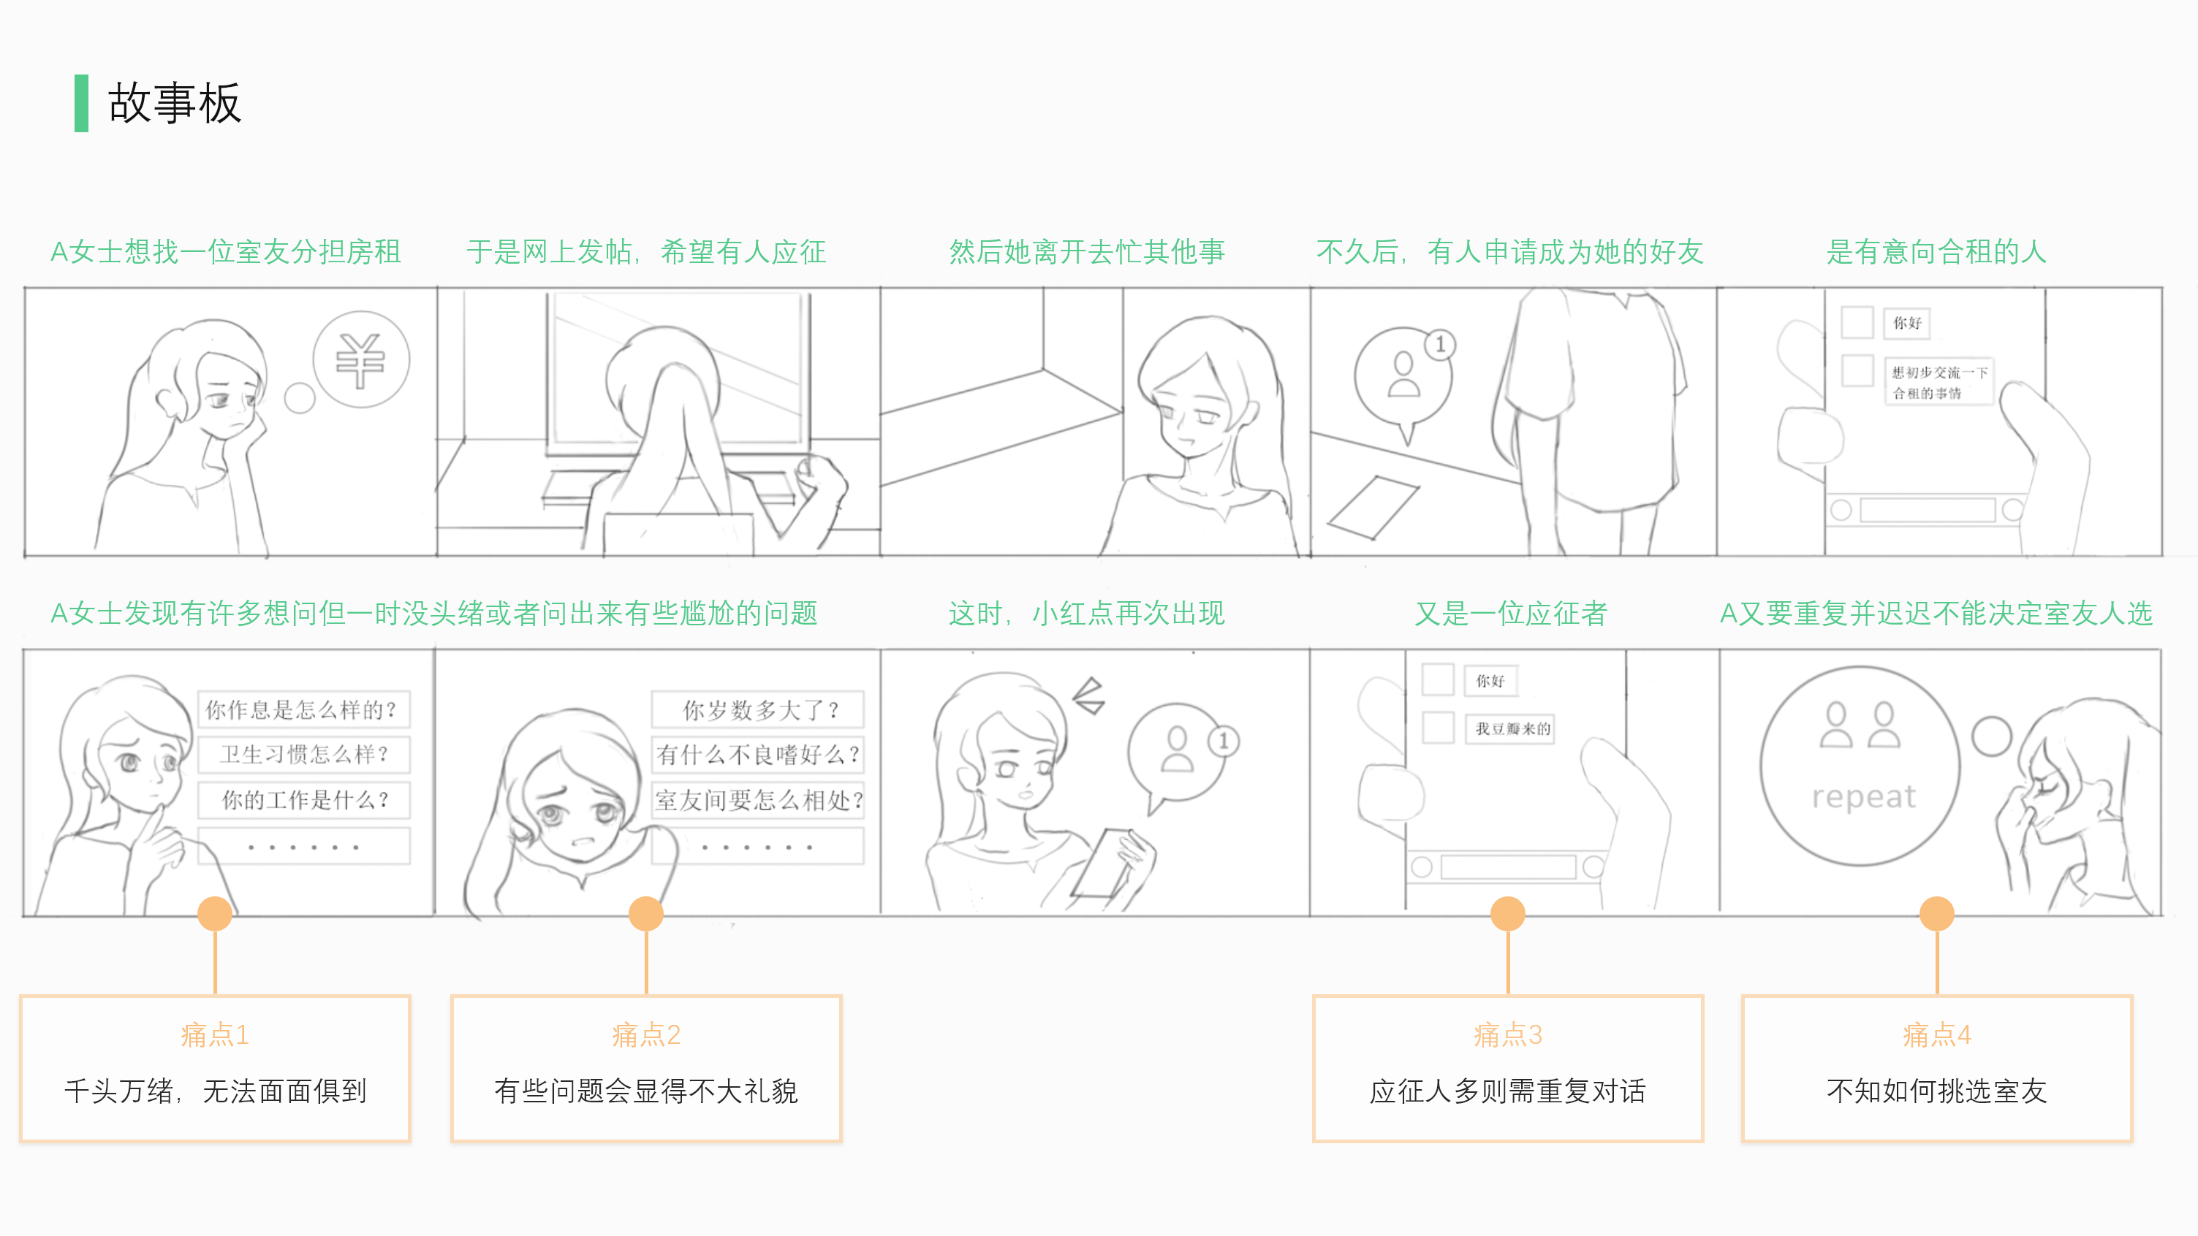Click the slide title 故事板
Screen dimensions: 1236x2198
174,103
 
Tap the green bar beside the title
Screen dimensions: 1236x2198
81,103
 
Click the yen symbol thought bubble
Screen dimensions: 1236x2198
361,359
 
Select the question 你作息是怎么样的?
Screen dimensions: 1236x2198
303,709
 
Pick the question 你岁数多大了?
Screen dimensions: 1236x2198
759,709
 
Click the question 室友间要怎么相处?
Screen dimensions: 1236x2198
759,800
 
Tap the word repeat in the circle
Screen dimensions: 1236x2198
1862,796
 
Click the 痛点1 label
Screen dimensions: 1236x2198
215,1034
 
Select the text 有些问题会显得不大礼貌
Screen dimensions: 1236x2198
646,1091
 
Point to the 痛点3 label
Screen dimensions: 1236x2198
1508,1034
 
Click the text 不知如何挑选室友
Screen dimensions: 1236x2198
1936,1091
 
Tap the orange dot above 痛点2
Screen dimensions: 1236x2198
646,914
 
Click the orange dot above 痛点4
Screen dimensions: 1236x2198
1936,914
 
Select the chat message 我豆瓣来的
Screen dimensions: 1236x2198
1511,728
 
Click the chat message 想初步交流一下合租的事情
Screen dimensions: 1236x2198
1939,382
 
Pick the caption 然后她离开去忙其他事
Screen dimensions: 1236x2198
1086,251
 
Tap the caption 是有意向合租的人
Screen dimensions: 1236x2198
1936,251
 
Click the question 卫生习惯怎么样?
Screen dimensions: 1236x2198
303,754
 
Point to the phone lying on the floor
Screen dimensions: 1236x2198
1373,507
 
